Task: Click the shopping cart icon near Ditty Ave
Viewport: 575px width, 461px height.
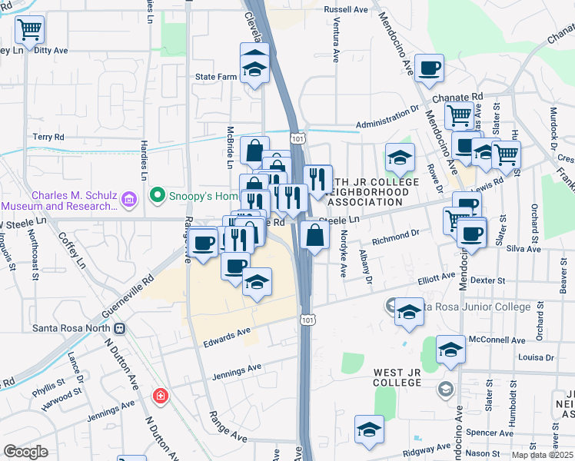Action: [x=29, y=31]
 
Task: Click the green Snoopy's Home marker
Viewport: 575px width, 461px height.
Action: [x=158, y=196]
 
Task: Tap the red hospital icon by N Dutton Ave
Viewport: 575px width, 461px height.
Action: [x=160, y=396]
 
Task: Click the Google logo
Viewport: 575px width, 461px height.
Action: [x=25, y=453]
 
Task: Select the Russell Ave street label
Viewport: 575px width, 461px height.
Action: [x=347, y=9]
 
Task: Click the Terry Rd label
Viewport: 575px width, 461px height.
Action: [x=48, y=136]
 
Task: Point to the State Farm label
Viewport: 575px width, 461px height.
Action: [x=216, y=77]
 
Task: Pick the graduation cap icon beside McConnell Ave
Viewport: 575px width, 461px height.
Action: [x=450, y=350]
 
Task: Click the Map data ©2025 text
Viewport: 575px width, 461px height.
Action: [x=543, y=455]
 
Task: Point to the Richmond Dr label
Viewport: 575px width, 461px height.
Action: [x=395, y=237]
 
